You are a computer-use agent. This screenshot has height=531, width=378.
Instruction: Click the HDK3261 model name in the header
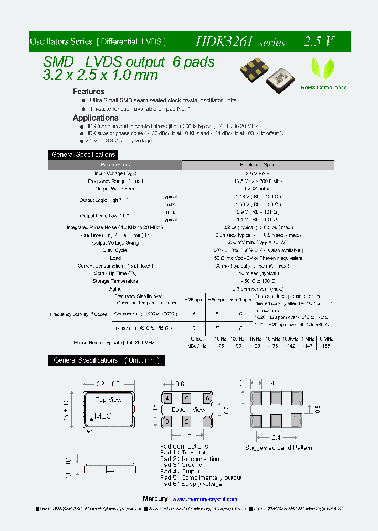(x=226, y=41)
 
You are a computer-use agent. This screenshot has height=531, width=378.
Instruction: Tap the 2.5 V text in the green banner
(x=318, y=41)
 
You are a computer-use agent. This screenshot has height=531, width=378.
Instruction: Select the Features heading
(x=88, y=92)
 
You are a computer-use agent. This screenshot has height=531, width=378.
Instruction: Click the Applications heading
(x=96, y=118)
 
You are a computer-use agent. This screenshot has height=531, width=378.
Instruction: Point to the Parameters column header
(x=115, y=165)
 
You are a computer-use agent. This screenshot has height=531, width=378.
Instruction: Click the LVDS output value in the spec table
(x=258, y=189)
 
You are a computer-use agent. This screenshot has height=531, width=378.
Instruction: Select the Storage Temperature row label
(x=115, y=281)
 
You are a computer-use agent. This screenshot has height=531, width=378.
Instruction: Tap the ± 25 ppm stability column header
(x=194, y=300)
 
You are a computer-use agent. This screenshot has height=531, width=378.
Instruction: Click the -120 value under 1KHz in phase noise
(x=255, y=346)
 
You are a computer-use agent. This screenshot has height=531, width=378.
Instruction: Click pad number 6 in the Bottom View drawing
(x=208, y=398)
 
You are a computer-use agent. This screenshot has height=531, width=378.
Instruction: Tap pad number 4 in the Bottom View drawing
(x=166, y=398)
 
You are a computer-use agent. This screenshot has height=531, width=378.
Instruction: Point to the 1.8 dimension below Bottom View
(x=187, y=435)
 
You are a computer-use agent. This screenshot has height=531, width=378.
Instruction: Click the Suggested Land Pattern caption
(x=279, y=448)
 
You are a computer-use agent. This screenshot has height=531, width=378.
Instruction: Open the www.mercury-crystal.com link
(x=205, y=500)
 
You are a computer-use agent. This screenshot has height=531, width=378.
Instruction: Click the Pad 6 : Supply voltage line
(x=192, y=484)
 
